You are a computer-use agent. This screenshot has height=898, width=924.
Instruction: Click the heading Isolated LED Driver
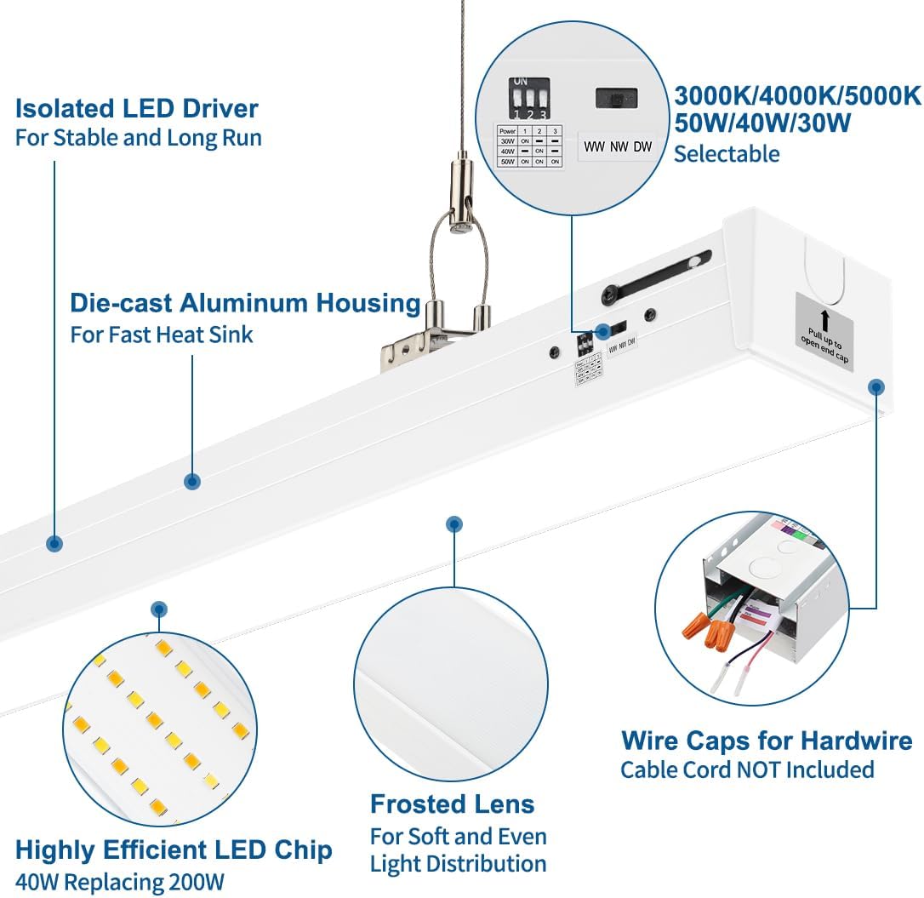click(137, 109)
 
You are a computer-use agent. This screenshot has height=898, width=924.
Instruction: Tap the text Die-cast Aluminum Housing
click(245, 303)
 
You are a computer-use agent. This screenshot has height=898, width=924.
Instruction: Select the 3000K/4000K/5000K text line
click(797, 96)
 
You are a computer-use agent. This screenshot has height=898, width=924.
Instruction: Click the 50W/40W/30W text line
click(762, 124)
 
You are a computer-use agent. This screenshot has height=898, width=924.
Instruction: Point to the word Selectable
click(727, 154)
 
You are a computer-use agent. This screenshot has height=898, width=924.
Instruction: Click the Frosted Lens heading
click(452, 804)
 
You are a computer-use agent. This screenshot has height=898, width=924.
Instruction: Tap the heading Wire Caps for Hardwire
click(767, 741)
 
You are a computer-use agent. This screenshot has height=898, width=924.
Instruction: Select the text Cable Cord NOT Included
click(747, 770)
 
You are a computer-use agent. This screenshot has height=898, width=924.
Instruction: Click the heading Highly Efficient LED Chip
click(174, 849)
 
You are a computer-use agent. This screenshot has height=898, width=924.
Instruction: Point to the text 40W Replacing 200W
click(120, 882)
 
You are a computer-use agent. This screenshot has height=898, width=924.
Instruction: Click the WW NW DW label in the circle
click(618, 146)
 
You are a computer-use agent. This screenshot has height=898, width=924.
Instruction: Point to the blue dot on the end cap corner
click(876, 386)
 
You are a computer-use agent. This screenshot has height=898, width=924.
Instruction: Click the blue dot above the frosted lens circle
click(454, 524)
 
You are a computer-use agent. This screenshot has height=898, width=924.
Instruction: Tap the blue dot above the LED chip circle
click(158, 609)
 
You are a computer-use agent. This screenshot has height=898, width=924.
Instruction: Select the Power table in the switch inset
click(529, 146)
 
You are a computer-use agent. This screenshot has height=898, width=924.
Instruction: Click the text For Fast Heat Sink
click(162, 335)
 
